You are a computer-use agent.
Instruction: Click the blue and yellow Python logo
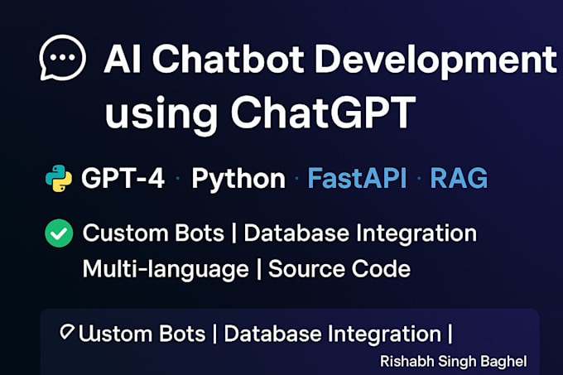click(x=59, y=179)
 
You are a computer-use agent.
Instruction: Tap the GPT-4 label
click(x=124, y=179)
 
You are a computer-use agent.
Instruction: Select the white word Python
click(x=238, y=180)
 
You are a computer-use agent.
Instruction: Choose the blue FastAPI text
click(x=357, y=179)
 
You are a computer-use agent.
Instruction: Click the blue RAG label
click(x=458, y=179)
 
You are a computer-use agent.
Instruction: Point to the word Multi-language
click(x=165, y=269)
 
